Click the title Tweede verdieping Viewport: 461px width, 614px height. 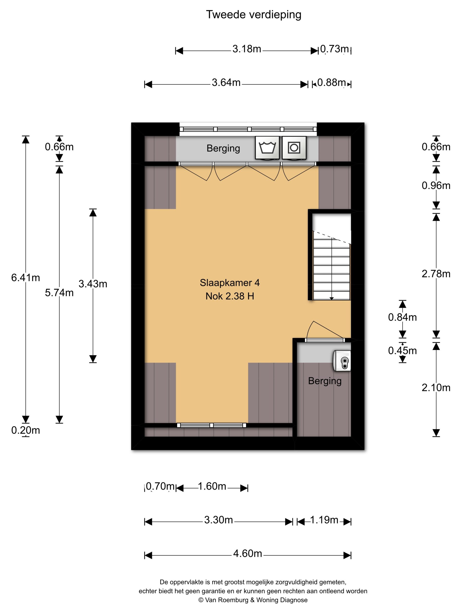tap(253, 15)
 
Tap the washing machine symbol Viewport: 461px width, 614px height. tap(267, 148)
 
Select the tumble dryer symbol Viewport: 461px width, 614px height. tap(294, 148)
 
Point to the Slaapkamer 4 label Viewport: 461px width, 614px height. tap(230, 283)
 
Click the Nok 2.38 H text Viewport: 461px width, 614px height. tap(230, 296)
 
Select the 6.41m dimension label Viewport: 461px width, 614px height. tap(25, 277)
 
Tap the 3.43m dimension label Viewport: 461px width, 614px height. tap(93, 284)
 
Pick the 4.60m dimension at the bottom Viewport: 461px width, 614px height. tap(247, 554)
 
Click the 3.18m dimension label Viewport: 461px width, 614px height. tap(247, 49)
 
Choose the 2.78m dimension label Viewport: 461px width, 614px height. tap(436, 274)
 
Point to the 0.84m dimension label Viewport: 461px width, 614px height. tap(402, 317)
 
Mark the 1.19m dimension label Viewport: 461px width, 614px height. tap(324, 520)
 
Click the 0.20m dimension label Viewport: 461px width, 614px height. tap(25, 430)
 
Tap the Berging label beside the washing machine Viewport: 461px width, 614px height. tap(223, 148)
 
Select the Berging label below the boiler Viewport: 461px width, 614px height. tap(325, 381)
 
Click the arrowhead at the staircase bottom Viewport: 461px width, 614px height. tap(332, 299)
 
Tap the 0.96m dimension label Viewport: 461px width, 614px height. tap(436, 185)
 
